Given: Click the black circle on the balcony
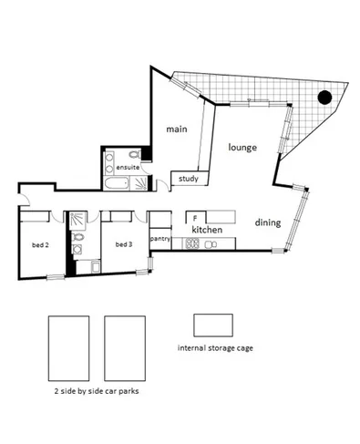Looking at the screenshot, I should (x=323, y=98).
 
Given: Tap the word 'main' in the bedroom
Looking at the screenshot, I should (x=176, y=129).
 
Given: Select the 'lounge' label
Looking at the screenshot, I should (x=242, y=147).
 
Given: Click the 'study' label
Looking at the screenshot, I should (x=189, y=179).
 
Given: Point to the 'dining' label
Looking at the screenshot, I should (x=267, y=222).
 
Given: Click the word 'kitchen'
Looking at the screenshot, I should (x=207, y=231).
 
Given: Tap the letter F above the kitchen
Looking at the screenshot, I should (x=194, y=219).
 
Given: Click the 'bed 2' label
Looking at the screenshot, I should (x=40, y=245).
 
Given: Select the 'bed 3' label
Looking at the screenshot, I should (x=125, y=245).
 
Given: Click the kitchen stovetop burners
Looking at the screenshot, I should (x=193, y=243).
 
